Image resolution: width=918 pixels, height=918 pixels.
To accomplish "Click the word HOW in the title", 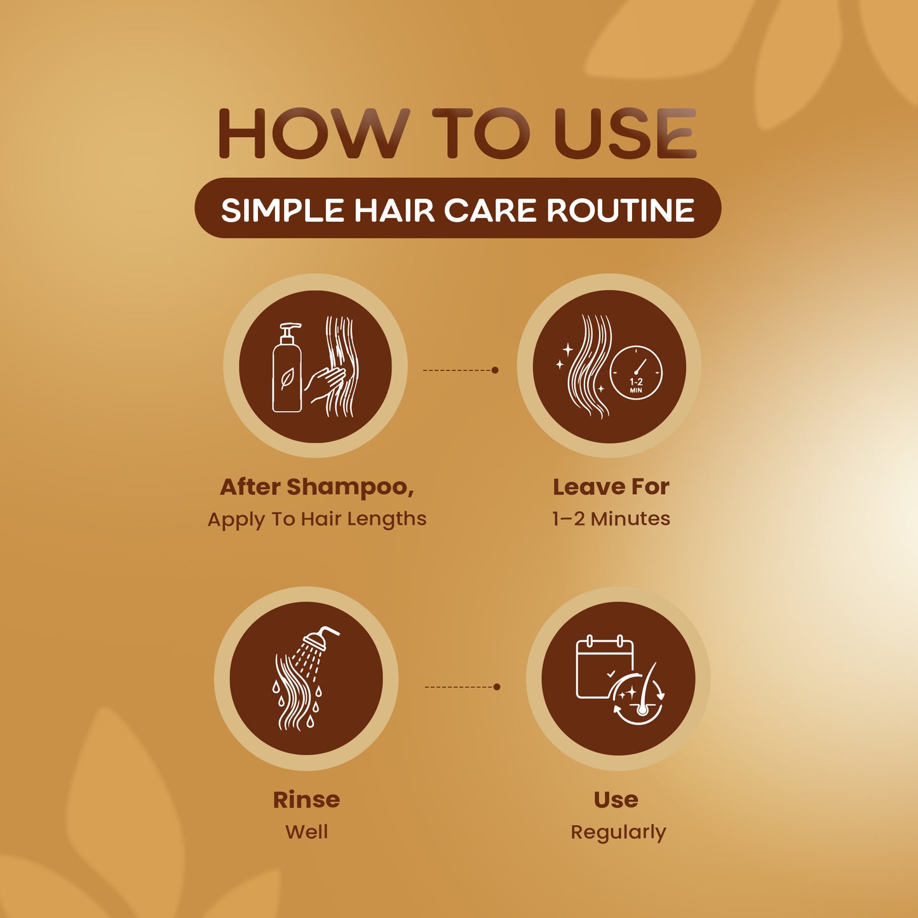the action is pyautogui.click(x=314, y=133).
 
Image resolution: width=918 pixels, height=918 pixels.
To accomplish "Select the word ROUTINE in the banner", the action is pyautogui.click(x=621, y=210).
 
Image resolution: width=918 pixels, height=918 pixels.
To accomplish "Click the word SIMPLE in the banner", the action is pyautogui.click(x=283, y=210).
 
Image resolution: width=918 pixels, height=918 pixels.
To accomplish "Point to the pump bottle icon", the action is pyautogui.click(x=287, y=368).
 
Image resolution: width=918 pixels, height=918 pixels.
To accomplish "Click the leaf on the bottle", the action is pyautogui.click(x=287, y=379).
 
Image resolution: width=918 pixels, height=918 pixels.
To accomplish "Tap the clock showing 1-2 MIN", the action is pyautogui.click(x=636, y=372).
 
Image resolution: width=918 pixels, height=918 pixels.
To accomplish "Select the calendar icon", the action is pyautogui.click(x=605, y=667).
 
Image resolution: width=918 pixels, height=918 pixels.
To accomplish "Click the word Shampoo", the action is pyautogui.click(x=350, y=487).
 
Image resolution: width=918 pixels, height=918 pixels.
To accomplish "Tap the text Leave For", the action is pyautogui.click(x=611, y=487).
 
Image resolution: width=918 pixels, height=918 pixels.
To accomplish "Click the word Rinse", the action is pyautogui.click(x=306, y=800).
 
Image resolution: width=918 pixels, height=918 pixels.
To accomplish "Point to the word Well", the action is pyautogui.click(x=306, y=832).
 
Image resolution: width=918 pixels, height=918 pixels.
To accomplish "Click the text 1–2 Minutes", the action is pyautogui.click(x=611, y=518).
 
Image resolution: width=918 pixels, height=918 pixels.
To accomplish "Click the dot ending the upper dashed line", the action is pyautogui.click(x=495, y=370).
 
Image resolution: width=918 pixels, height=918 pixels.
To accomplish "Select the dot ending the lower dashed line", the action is pyautogui.click(x=497, y=687).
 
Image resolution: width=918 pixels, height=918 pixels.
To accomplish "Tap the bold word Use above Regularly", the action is pyautogui.click(x=616, y=800).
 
